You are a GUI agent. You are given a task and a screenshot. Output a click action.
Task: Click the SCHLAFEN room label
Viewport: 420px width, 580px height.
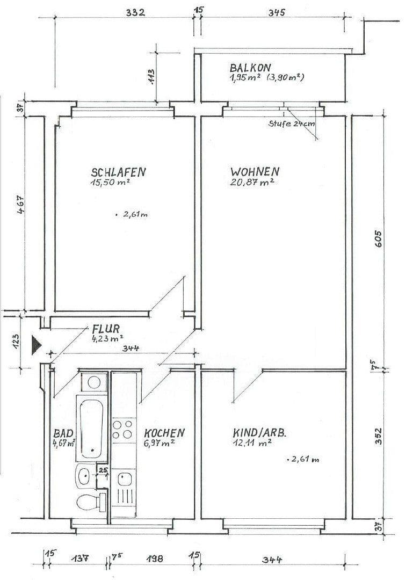[119, 172]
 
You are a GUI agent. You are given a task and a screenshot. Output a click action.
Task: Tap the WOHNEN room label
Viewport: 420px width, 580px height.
[255, 172]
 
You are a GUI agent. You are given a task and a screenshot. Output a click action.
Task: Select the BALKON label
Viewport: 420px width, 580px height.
[250, 68]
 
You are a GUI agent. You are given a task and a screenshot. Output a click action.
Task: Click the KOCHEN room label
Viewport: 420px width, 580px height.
[164, 433]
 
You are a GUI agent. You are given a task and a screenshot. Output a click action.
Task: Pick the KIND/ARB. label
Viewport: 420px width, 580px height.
[259, 433]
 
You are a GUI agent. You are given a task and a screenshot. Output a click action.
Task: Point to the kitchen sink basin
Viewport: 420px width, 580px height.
[125, 477]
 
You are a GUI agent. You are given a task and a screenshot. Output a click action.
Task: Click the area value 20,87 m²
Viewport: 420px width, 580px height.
[252, 183]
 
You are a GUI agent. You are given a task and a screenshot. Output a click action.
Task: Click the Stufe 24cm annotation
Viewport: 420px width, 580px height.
[292, 124]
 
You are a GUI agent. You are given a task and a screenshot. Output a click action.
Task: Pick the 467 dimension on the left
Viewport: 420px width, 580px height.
[20, 206]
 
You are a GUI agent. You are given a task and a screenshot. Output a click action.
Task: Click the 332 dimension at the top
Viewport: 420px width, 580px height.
[135, 12]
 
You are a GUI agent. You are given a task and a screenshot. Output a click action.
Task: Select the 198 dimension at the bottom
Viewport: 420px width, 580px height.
[154, 560]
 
